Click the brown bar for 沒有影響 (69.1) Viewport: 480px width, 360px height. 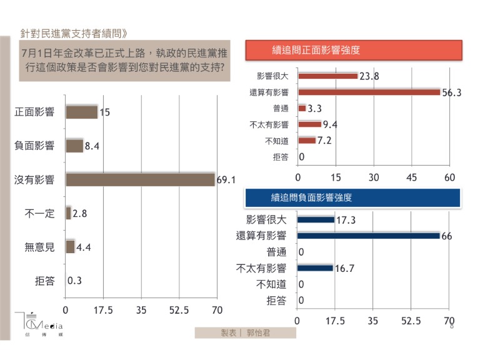[140, 179]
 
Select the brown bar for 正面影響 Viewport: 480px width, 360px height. [81, 112]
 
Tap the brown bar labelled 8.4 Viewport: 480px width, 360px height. [74, 146]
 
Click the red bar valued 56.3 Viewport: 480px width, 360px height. [369, 92]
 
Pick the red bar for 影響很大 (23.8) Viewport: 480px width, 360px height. [327, 76]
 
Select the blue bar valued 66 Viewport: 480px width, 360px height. [368, 236]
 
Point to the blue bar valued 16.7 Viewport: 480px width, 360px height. [315, 268]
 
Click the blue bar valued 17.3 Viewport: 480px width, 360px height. [316, 219]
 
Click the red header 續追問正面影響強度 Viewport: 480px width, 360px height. [353, 49]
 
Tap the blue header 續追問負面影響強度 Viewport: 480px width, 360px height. [353, 197]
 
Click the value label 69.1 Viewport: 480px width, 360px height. [225, 180]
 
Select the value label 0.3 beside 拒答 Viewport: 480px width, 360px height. [75, 281]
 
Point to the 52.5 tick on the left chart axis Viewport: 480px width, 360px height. [179, 309]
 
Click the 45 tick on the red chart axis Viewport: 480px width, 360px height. [412, 177]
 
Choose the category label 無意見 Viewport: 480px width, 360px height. [40, 247]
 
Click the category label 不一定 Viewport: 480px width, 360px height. [40, 214]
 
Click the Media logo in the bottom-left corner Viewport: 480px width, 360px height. [37, 324]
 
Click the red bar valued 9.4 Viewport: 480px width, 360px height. [309, 124]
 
